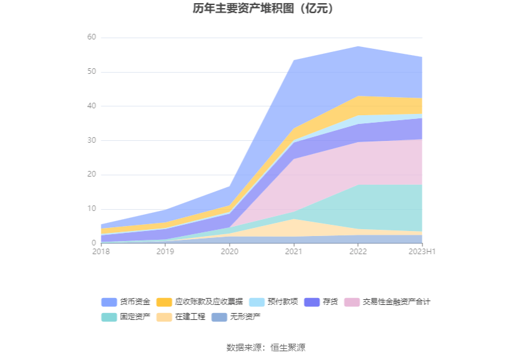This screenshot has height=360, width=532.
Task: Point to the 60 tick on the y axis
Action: coord(91,38)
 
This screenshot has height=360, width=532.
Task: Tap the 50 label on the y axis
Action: coord(91,72)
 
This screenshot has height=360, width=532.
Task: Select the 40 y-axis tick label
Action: coord(91,106)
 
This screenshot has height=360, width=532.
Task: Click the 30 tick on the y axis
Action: coord(91,141)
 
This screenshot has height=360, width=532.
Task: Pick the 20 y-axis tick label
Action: coord(91,175)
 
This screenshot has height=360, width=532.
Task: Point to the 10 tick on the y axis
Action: coord(91,209)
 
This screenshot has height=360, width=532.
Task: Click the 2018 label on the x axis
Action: coord(101,252)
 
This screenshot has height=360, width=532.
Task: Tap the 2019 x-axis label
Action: coord(165,252)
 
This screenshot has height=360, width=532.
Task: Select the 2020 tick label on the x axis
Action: coord(230,252)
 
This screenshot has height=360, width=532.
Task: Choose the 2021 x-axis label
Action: coord(294,252)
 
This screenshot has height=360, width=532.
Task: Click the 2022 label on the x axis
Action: coord(358,252)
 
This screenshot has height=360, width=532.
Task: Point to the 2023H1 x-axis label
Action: coord(422,252)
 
